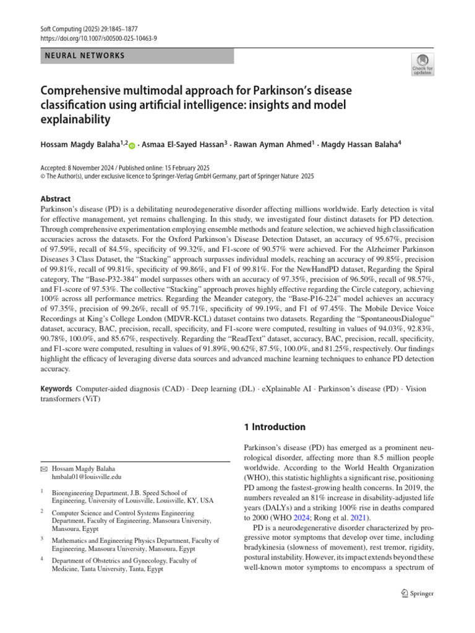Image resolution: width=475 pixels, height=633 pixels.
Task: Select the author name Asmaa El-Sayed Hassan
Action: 181,145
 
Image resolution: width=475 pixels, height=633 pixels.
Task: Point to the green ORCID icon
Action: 131,146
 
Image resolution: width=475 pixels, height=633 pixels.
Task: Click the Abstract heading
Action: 56,199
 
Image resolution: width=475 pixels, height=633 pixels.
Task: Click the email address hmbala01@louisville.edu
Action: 87,477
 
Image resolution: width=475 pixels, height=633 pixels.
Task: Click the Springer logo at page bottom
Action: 418,593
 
